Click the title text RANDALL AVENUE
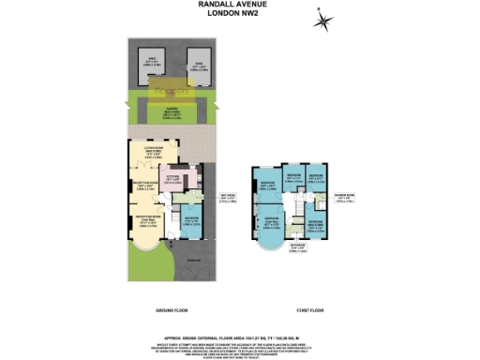[239, 5]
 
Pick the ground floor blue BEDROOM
[190, 221]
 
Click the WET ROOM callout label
[226, 199]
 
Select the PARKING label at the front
[192, 262]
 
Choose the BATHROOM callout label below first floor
[296, 247]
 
